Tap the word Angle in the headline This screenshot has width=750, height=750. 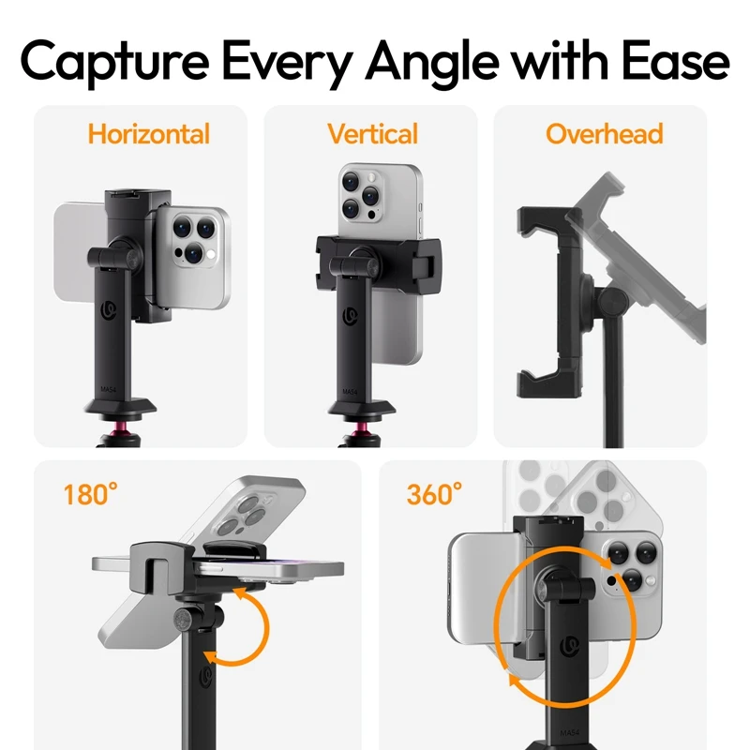[432, 61]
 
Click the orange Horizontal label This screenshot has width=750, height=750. [148, 134]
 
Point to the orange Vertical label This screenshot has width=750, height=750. [372, 134]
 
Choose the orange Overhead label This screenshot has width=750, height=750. [604, 134]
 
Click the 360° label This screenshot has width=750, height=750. [434, 494]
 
